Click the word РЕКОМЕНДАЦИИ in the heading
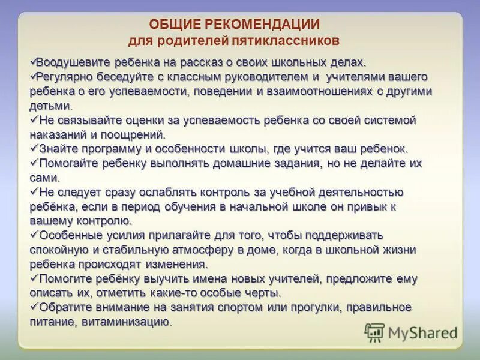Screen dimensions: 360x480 (263, 25)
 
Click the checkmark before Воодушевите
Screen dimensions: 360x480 (32, 62)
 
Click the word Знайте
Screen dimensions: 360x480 (56, 149)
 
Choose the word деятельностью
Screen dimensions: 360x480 (361, 193)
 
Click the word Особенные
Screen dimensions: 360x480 (68, 235)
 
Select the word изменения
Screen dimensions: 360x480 (178, 265)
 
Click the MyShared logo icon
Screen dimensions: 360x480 (375, 332)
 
